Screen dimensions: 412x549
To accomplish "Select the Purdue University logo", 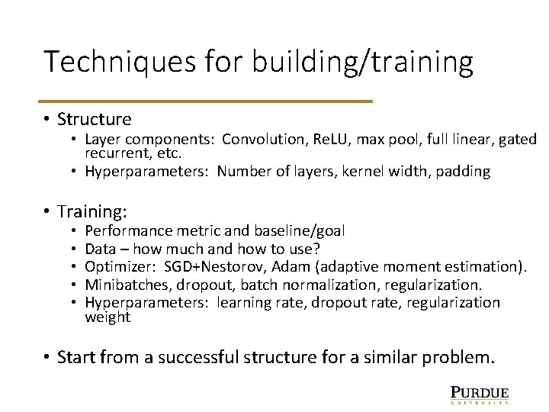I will [x=479, y=394].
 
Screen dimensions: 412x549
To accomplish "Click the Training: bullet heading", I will [x=91, y=211].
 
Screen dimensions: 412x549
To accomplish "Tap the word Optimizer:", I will [x=118, y=266].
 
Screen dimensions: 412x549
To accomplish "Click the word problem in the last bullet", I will [x=461, y=356].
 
